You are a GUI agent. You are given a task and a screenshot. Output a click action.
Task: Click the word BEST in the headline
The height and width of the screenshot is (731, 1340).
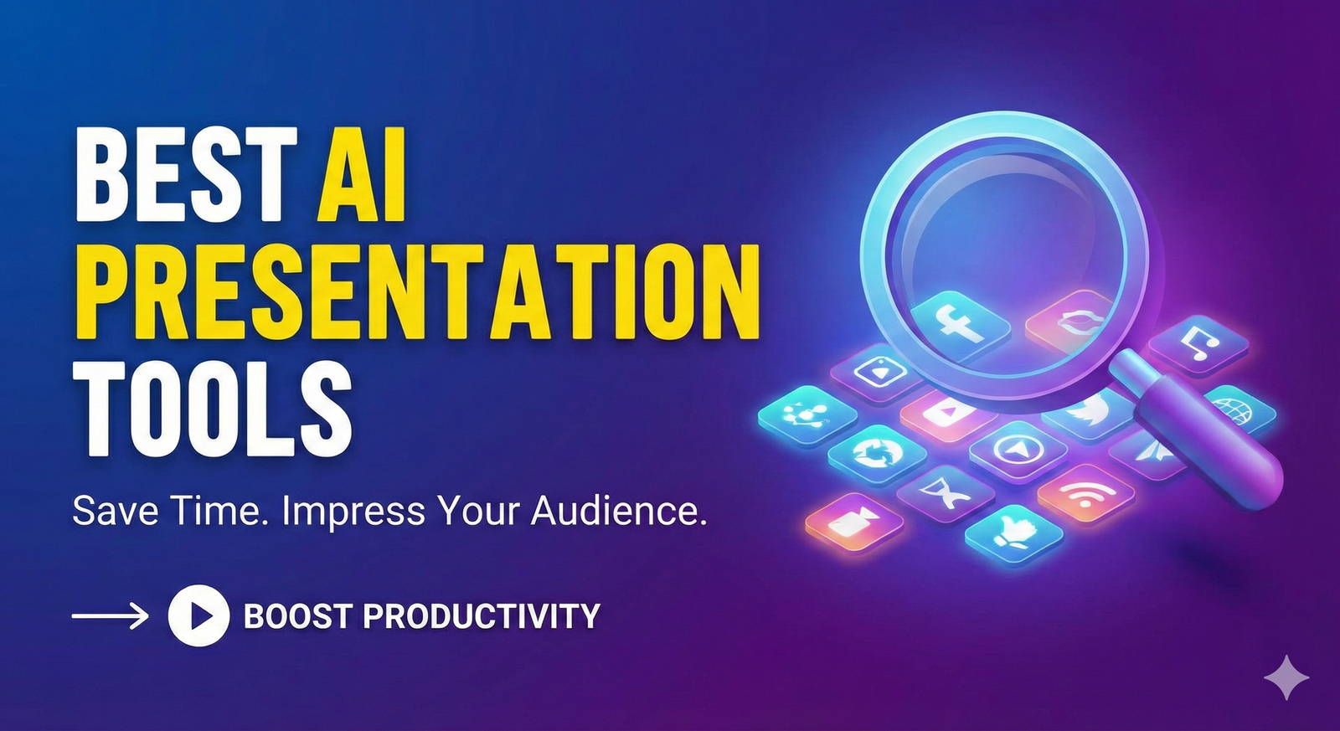click(186, 174)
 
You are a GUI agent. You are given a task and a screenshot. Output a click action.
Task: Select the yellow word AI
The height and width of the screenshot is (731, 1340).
click(362, 174)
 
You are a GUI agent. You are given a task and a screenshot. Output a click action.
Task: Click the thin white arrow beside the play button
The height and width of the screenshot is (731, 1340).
click(110, 615)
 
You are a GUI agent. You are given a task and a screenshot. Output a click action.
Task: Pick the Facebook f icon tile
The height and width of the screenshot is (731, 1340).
click(960, 326)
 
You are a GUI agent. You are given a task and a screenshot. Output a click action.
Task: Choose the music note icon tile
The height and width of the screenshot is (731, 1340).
click(1198, 347)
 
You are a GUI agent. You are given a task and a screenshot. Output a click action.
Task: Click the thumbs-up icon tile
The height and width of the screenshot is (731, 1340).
click(1014, 536)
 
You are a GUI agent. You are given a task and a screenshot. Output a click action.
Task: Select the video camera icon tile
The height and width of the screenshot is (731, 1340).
click(854, 524)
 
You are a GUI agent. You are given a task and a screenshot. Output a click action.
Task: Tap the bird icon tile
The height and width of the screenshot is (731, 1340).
click(1087, 414)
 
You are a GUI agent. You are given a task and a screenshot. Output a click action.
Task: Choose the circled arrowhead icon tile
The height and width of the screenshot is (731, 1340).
click(1018, 450)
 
